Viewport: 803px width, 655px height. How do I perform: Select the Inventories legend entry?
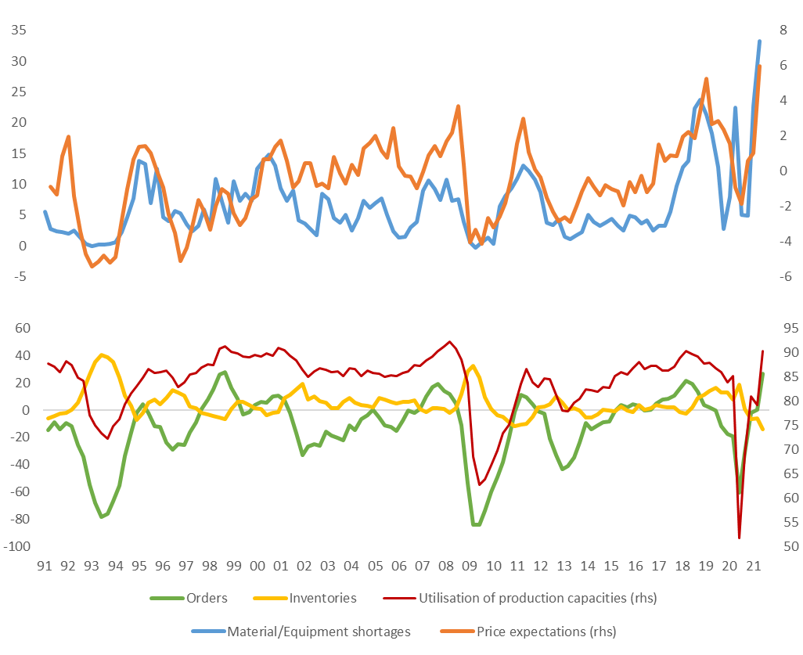coord(322,598)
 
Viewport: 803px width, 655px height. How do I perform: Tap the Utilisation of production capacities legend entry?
coord(538,598)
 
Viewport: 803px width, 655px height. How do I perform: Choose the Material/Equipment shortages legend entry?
coord(318,631)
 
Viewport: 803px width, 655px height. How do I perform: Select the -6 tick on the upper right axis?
coord(784,276)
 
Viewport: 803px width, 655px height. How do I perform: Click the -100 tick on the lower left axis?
coord(16,546)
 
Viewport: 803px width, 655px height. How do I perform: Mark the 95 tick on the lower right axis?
coord(786,328)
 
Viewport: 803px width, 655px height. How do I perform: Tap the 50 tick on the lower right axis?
coord(786,546)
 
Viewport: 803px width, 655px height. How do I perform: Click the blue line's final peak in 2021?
coord(759,41)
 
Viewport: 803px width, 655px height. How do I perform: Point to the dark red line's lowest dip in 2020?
coord(739,538)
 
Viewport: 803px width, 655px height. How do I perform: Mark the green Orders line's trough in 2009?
coord(476,524)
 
